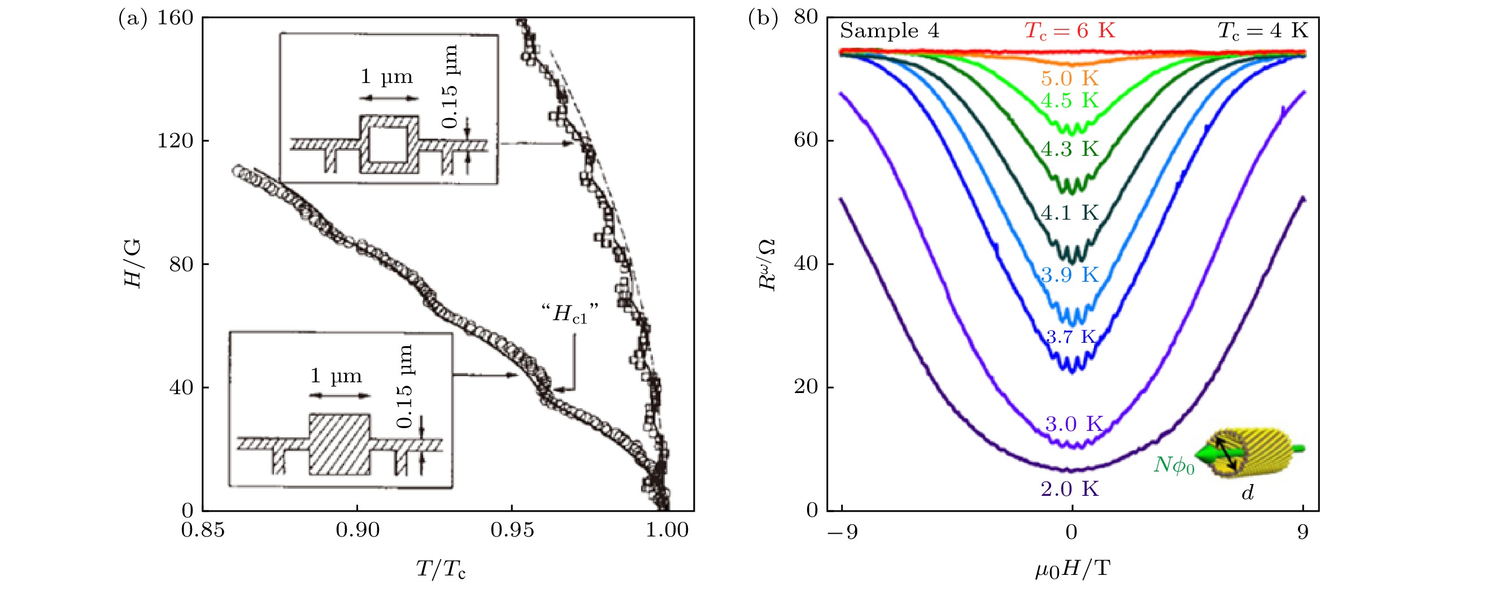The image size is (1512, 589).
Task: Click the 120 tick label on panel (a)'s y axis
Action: [175, 141]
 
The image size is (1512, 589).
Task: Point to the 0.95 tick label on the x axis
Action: [512, 530]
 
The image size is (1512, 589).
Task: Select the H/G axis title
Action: [133, 263]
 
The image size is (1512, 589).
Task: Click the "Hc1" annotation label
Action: [570, 315]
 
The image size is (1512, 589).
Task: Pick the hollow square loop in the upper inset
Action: [389, 144]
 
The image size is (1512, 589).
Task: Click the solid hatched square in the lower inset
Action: [340, 444]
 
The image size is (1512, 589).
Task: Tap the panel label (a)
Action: [133, 19]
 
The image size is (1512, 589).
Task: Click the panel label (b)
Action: [762, 19]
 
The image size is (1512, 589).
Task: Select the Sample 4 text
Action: [889, 30]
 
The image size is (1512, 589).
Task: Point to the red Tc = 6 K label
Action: [1069, 30]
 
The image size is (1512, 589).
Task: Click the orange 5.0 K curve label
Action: [1069, 78]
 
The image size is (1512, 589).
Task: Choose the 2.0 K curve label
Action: [1069, 488]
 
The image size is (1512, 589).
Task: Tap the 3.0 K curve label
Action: [1074, 424]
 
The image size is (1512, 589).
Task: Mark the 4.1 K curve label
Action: [1069, 212]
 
